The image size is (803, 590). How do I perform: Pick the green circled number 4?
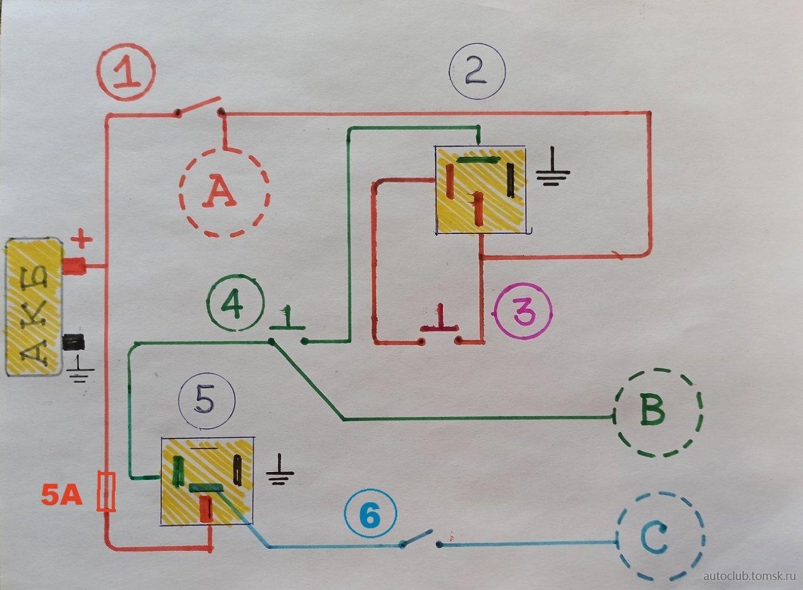coord(237,306)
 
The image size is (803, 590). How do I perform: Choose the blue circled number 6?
coord(370,517)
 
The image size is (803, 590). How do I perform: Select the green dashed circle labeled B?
coord(657,412)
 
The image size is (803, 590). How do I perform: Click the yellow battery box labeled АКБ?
coord(33,308)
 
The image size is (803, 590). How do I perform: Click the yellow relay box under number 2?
coord(481,190)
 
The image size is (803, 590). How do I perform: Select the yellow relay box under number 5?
coord(206,481)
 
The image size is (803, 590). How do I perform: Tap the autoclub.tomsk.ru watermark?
coord(749,576)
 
